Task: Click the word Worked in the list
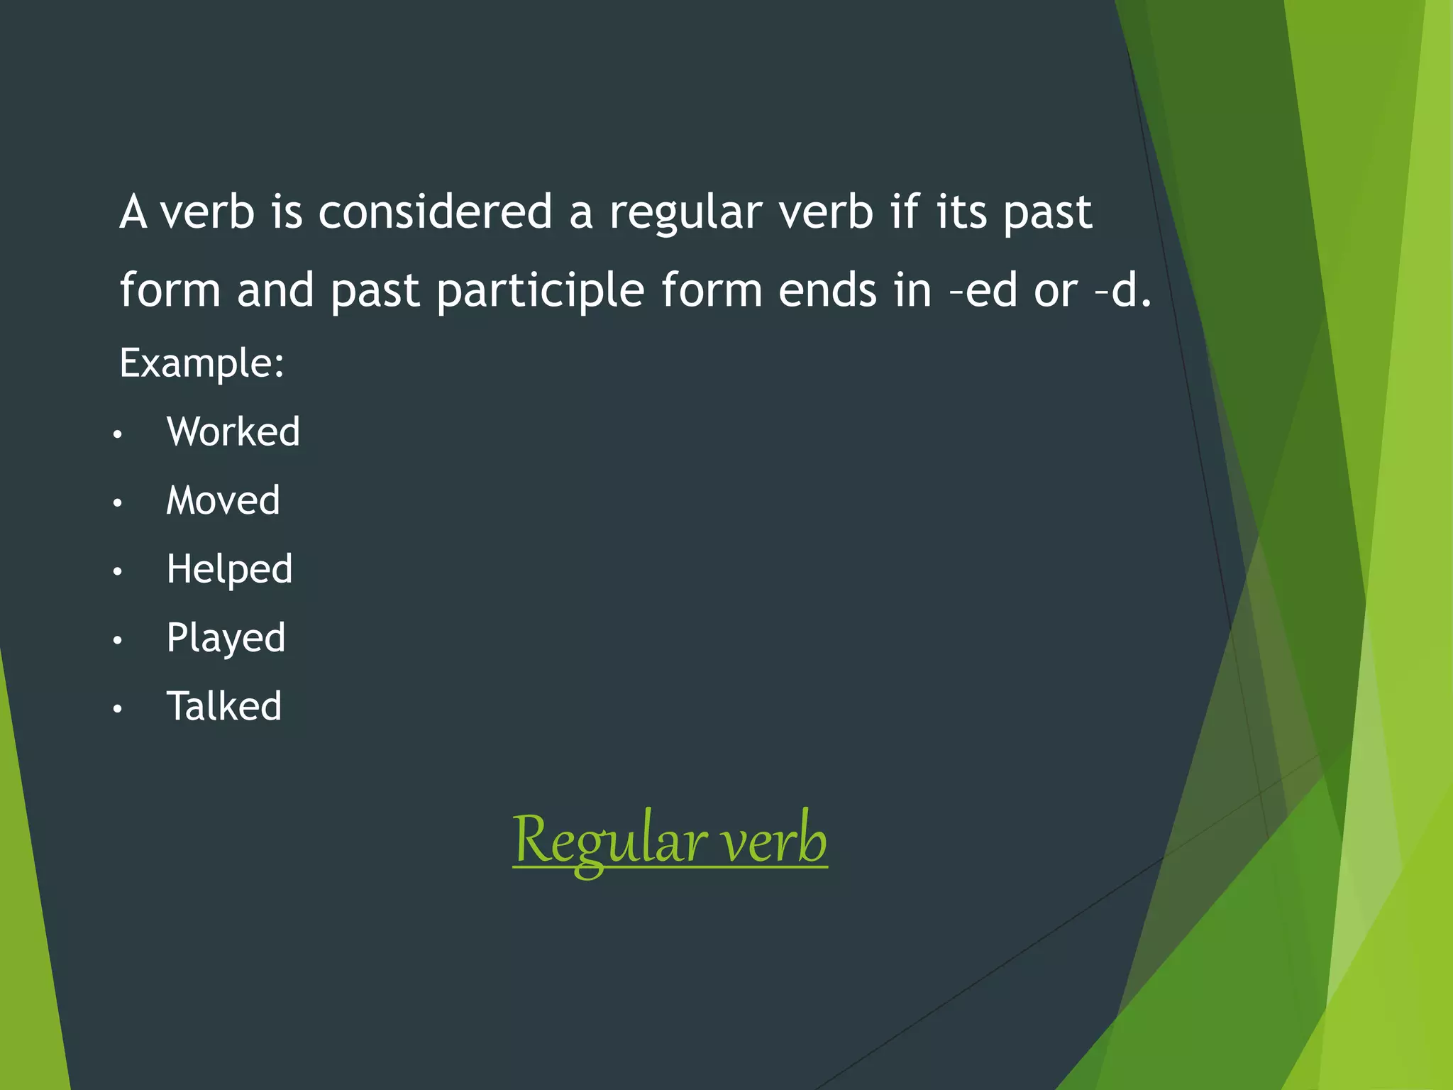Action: [233, 431]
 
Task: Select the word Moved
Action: [223, 500]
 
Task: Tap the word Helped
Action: [229, 569]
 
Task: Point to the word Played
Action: [226, 638]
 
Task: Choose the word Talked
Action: [224, 706]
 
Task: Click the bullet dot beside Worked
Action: [118, 434]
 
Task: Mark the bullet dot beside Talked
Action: [118, 709]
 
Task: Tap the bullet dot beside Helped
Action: [118, 572]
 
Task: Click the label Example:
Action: [201, 363]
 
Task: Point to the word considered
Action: [435, 212]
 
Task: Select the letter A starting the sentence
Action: [133, 212]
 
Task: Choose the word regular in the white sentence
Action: [685, 214]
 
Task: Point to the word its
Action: [961, 212]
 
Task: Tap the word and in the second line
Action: [275, 291]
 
